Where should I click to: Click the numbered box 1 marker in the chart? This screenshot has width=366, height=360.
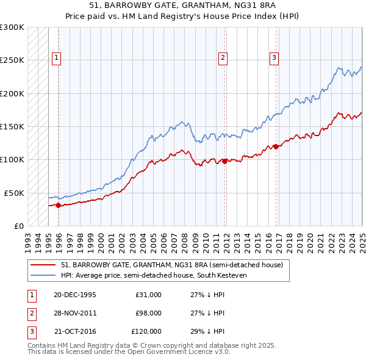(x=56, y=58)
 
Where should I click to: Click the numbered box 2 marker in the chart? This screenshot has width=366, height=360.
(x=223, y=58)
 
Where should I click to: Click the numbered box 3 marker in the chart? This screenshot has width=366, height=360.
(x=274, y=58)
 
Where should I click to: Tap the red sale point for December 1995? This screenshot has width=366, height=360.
(x=59, y=206)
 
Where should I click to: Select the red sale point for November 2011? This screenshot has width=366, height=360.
(x=225, y=161)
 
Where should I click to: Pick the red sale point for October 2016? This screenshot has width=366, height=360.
(x=276, y=146)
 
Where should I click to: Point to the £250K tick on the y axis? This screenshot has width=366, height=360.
(x=12, y=60)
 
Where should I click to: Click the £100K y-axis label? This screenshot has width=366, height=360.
(x=12, y=159)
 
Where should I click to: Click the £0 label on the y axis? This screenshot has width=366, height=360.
(x=18, y=226)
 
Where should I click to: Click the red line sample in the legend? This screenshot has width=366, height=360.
(x=42, y=265)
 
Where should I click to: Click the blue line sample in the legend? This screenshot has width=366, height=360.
(x=42, y=275)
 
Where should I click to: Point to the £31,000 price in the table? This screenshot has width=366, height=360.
(x=149, y=294)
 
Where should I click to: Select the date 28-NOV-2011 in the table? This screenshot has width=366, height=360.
(x=75, y=313)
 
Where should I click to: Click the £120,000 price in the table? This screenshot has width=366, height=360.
(x=146, y=332)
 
